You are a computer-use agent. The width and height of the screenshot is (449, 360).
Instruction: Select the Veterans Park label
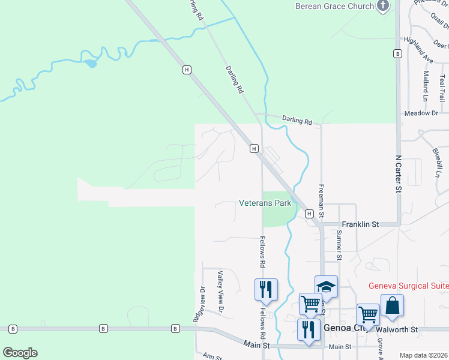pos(265,203)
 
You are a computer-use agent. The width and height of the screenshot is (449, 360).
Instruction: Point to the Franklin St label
pos(360,224)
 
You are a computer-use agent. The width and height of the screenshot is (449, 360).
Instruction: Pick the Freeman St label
pos(322,201)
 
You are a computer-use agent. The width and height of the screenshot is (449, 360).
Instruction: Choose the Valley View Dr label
pos(220,292)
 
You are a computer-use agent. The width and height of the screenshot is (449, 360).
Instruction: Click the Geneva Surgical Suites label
pos(408,286)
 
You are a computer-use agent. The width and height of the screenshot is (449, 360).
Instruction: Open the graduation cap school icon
pos(326,287)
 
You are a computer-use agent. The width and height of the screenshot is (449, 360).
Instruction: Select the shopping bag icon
pos(392,305)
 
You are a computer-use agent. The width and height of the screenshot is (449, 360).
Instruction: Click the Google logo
pos(20,353)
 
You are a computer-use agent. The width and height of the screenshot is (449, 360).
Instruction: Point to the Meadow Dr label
pos(421,113)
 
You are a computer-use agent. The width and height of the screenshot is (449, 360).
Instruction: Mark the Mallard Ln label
pos(426,86)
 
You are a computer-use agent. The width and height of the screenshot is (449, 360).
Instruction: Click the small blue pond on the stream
pos(89,63)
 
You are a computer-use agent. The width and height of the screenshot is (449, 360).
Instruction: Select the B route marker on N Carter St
pos(397,54)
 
